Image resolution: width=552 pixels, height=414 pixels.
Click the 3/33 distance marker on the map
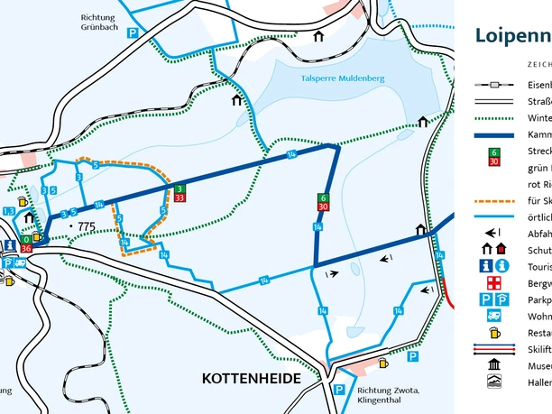(x=180, y=192)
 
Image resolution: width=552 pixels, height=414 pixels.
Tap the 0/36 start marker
(x=26, y=245)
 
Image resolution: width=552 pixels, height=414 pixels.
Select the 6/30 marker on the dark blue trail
(x=322, y=202)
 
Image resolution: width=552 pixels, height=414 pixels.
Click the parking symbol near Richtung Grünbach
(x=133, y=32)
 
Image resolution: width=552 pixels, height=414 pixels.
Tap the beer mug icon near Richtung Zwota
(x=383, y=363)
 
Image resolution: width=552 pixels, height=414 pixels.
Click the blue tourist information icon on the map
(x=9, y=246)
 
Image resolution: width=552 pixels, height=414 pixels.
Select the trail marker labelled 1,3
(x=9, y=211)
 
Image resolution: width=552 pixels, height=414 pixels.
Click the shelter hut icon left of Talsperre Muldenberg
(x=236, y=100)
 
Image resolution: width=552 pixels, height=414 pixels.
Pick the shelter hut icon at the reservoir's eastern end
(x=423, y=122)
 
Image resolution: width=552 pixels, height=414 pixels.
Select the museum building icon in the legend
(x=493, y=365)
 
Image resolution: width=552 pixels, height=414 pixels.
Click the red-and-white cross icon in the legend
(x=493, y=283)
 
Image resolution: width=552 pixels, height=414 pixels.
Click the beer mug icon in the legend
(x=493, y=332)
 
